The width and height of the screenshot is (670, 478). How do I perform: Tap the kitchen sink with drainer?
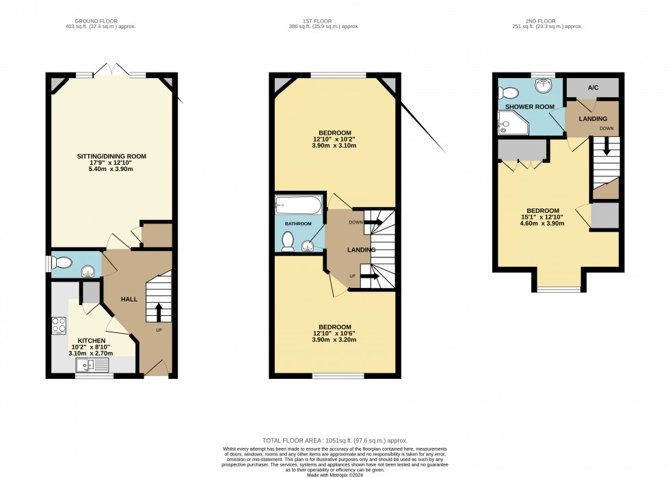(92, 365)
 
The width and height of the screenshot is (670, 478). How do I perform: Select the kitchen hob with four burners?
(59, 325)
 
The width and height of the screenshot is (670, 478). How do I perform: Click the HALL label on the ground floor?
(130, 299)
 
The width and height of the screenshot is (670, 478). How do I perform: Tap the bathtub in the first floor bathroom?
(299, 204)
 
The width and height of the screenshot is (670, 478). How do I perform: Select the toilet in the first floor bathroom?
(288, 241)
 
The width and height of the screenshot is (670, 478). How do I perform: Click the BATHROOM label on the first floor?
(298, 224)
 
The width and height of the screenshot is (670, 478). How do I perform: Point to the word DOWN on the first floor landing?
(356, 222)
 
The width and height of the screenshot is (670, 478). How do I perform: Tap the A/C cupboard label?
(593, 88)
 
